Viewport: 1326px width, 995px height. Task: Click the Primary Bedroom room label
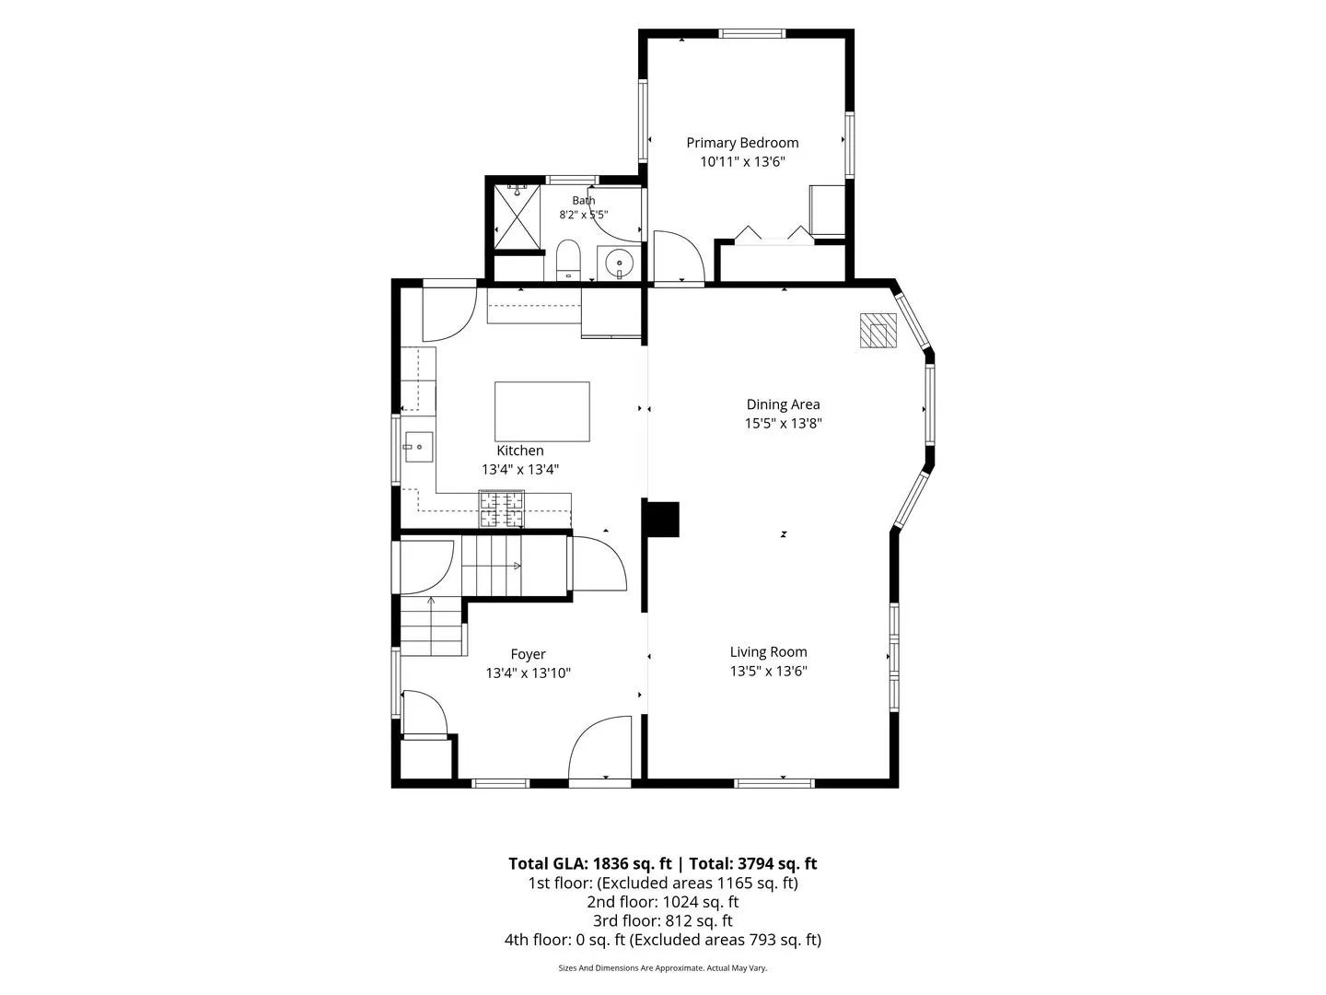[742, 143]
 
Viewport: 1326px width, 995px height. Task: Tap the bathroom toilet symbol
[568, 260]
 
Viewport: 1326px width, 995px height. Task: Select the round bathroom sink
[620, 263]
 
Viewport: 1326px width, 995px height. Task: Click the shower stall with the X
[518, 217]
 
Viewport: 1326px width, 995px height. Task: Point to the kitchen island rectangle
[541, 412]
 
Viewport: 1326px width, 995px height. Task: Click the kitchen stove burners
[502, 509]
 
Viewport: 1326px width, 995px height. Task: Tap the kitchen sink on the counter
[419, 447]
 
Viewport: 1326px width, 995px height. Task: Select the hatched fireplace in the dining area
[878, 331]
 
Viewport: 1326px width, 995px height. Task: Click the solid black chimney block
[663, 519]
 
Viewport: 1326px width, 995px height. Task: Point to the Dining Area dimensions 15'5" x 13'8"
[783, 424]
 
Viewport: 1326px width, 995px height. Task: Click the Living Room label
[768, 652]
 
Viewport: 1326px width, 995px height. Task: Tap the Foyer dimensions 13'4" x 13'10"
[528, 673]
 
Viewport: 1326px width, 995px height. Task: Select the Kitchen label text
[519, 451]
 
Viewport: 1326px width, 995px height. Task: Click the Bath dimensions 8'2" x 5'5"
[583, 215]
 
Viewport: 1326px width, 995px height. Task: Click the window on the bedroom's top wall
[752, 34]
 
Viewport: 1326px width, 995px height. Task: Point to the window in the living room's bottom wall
[773, 783]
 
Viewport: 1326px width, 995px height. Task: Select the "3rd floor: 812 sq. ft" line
[663, 920]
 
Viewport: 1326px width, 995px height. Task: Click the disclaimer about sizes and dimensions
[663, 967]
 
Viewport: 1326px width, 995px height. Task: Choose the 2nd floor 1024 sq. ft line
[663, 902]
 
